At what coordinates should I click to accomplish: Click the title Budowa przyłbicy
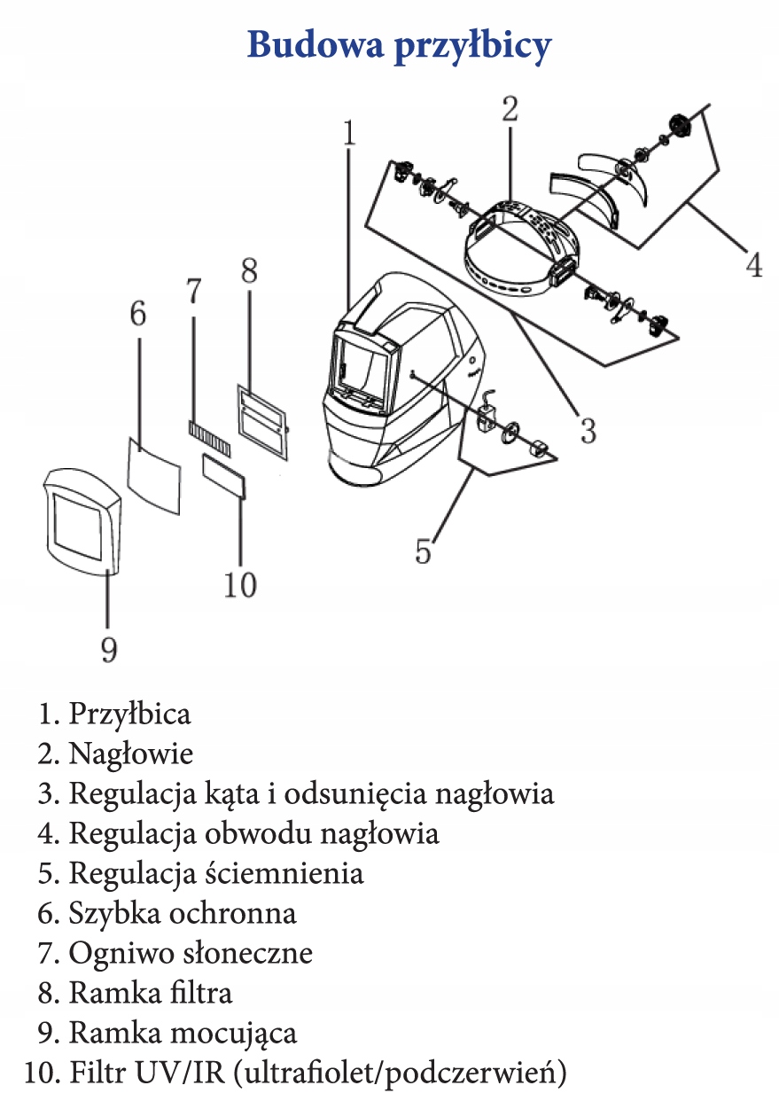point(399,45)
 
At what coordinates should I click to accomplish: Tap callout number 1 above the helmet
point(349,134)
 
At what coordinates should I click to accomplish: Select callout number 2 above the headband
point(510,109)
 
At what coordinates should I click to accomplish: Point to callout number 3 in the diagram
point(588,430)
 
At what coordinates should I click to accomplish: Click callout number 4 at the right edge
point(752,264)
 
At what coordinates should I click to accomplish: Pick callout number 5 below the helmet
point(424,550)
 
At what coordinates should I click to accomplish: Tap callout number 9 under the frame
point(108,649)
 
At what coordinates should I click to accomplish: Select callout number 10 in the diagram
point(240,584)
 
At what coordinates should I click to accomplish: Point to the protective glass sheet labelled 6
point(154,475)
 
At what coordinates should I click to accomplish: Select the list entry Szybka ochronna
point(182,913)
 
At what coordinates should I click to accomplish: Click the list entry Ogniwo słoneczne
point(191,953)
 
